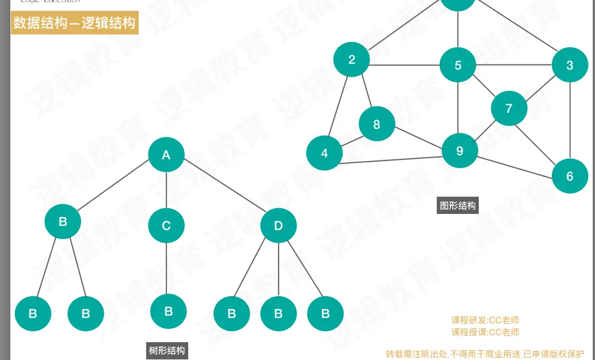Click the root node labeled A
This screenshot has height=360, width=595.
166,154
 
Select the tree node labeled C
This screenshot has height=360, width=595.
166,225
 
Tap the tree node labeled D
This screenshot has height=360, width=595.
279,225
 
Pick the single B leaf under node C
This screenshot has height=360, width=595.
169,311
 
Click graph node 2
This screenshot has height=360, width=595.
352,59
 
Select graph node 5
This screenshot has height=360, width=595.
458,65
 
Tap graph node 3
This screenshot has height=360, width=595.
570,65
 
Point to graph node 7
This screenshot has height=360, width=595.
509,108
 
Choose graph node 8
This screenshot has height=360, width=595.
377,124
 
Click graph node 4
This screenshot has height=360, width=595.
325,154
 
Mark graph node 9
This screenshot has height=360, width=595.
459,151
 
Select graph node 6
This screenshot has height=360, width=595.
570,176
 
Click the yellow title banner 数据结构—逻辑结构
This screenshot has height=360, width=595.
75,23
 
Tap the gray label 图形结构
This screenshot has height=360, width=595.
458,205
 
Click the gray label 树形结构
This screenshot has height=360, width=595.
167,350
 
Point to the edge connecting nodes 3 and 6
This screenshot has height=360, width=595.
570,121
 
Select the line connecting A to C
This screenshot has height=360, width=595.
166,190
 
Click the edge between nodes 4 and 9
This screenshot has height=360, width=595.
391,160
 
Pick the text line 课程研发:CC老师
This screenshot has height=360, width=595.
485,320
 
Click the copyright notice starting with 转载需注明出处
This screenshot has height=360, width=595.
485,354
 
